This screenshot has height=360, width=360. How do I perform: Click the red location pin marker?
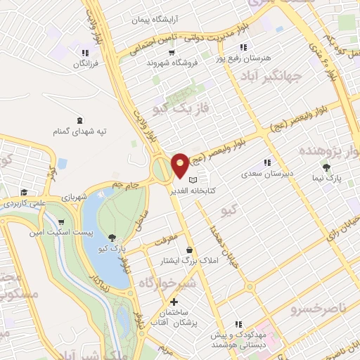pyautogui.click(x=180, y=165)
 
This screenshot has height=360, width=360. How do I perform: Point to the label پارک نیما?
pyautogui.click(x=328, y=178)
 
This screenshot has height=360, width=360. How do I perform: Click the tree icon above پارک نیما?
pyautogui.click(x=327, y=167)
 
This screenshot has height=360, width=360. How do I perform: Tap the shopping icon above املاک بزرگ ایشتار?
pyautogui.click(x=189, y=250)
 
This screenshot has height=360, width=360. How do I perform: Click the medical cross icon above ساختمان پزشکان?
pyautogui.click(x=174, y=302)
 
